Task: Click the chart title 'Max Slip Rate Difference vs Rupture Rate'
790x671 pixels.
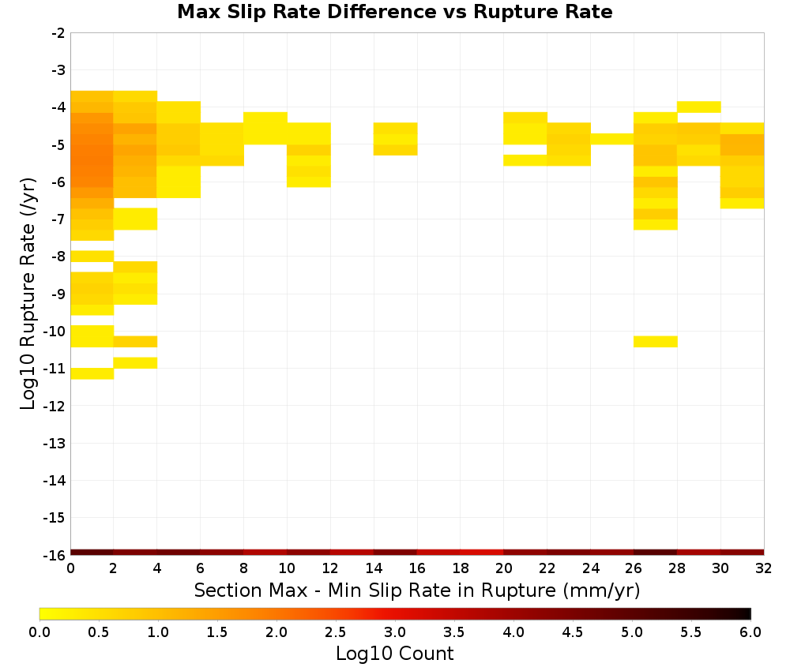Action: click(x=394, y=12)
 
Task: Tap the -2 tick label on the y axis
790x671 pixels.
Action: click(x=58, y=33)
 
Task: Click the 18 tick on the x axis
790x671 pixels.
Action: click(x=461, y=568)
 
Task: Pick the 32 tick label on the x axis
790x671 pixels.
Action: click(x=764, y=568)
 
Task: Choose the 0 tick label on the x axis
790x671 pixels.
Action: click(x=70, y=568)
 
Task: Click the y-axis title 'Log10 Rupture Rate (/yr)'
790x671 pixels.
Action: click(x=28, y=294)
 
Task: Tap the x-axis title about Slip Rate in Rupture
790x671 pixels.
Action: click(x=417, y=590)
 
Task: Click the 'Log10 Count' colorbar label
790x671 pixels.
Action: click(x=394, y=654)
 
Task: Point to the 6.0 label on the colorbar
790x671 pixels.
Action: click(x=750, y=632)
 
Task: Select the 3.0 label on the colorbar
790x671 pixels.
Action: click(x=395, y=632)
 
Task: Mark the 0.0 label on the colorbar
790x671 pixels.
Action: click(x=39, y=632)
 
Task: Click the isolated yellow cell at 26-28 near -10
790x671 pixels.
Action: click(x=656, y=341)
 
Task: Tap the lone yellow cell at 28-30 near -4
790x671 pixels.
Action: click(x=699, y=107)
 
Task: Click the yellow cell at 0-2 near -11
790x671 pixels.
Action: click(x=92, y=373)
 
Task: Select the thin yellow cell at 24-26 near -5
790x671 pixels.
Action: click(x=612, y=139)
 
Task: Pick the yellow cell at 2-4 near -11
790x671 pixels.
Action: click(x=136, y=362)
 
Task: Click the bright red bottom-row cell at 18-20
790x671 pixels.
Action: click(x=482, y=553)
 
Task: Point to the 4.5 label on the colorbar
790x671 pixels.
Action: click(x=573, y=632)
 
